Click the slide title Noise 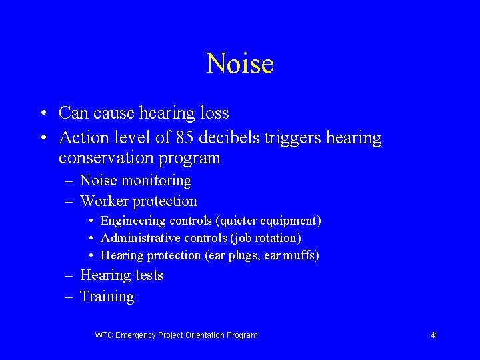click(x=240, y=64)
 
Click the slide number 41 click(x=434, y=335)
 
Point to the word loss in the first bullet click(x=214, y=113)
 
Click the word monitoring click(x=159, y=181)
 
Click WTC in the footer click(x=104, y=335)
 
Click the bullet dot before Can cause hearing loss click(x=43, y=113)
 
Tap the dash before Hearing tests click(x=69, y=276)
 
